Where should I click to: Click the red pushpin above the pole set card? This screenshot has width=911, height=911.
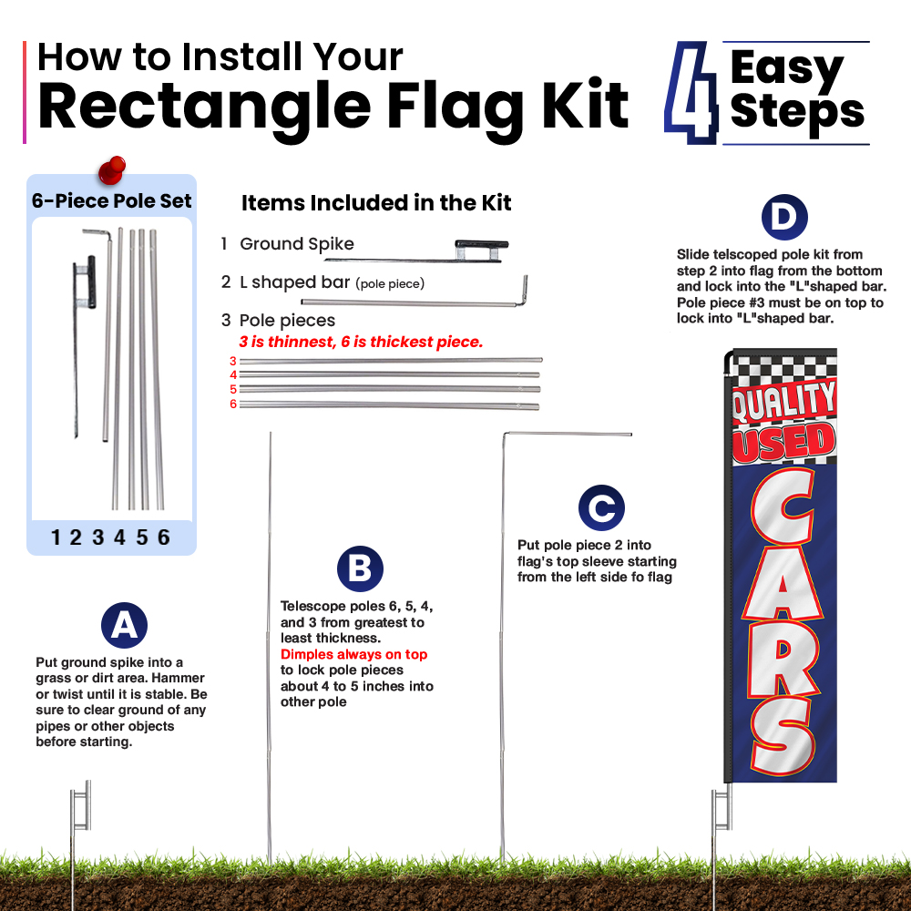[x=112, y=169]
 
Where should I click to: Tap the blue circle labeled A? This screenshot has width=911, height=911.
[x=124, y=625]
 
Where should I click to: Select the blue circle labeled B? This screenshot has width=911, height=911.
[x=360, y=568]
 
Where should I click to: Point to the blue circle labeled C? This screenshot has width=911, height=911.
[x=601, y=507]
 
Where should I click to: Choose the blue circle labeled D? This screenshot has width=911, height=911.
[x=784, y=218]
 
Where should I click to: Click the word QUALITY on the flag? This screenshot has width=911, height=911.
[x=783, y=401]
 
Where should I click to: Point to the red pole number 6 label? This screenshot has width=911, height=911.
[x=233, y=404]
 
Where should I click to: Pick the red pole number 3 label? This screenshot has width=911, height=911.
[x=233, y=361]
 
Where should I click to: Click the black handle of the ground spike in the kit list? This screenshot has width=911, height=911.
[x=482, y=244]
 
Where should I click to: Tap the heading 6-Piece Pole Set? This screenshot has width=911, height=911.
[x=111, y=201]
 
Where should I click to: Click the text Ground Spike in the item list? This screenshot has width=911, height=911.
[x=297, y=244]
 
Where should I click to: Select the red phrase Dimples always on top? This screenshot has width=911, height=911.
[x=353, y=654]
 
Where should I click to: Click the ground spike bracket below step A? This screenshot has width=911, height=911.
[x=81, y=805]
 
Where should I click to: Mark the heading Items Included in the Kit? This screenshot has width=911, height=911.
[x=376, y=203]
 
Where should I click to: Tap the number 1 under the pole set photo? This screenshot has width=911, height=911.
[x=56, y=537]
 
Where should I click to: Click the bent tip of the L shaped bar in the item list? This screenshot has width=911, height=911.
[x=525, y=289]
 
